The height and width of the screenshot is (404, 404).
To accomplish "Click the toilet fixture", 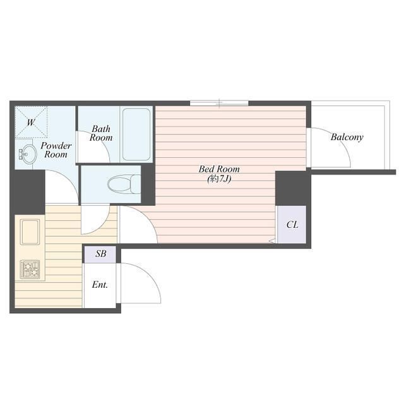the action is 124,184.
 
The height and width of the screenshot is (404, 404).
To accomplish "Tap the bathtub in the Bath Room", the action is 136,134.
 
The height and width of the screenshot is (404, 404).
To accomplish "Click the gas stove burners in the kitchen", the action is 31,270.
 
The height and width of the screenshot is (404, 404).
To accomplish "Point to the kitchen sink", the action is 30,232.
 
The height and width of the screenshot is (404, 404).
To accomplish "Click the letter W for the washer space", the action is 30,122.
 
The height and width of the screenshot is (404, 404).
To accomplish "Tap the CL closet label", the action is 292,225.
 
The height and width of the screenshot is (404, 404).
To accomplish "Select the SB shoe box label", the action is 101,254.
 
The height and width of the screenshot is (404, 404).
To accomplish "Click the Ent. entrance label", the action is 100,285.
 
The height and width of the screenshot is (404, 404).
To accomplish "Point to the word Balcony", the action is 347,137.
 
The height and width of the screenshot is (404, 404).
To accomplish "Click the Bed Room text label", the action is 219,169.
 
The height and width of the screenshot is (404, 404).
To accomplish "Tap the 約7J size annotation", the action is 219,179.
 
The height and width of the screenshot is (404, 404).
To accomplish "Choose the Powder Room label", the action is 56,150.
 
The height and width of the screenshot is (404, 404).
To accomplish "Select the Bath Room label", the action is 101,133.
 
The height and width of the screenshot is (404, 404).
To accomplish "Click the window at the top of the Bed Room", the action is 219,103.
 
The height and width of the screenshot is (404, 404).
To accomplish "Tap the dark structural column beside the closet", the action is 293,188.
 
